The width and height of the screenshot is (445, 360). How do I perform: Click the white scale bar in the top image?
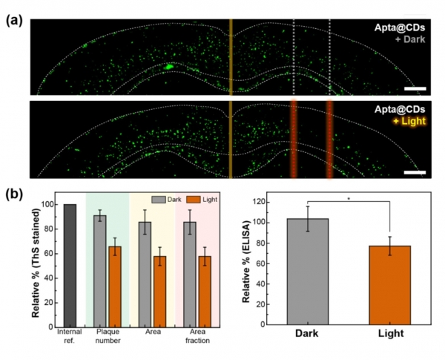[x=416, y=88]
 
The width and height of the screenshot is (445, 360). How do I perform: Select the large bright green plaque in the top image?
[x=168, y=67]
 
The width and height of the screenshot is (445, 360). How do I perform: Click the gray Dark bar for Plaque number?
[x=99, y=271]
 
